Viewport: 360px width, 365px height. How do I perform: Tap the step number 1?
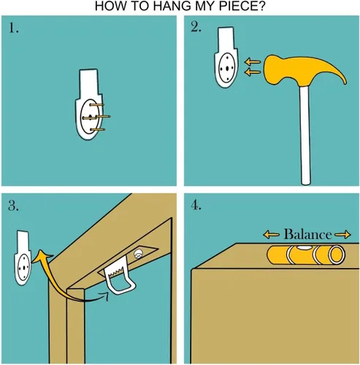coord(13,28)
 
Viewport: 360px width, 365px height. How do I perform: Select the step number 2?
coord(196,28)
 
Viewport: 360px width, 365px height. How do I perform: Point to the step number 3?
coord(13,206)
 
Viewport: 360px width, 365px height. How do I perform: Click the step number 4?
coord(196,206)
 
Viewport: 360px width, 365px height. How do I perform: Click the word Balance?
coord(307,234)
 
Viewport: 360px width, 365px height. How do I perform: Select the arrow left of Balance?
coord(271,234)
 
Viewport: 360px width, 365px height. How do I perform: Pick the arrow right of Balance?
coord(342,234)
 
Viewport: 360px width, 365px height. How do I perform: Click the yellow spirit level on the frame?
coord(306,255)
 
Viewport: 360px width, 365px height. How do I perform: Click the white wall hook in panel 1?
coord(89,104)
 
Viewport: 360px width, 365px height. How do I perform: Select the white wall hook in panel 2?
coord(226,57)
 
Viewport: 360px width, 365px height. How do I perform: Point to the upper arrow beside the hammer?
coord(253,62)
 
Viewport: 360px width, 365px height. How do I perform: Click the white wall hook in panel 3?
coord(23,258)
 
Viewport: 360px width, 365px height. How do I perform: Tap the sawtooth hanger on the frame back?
coord(120,275)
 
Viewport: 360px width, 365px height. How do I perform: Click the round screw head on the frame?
coord(138,254)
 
